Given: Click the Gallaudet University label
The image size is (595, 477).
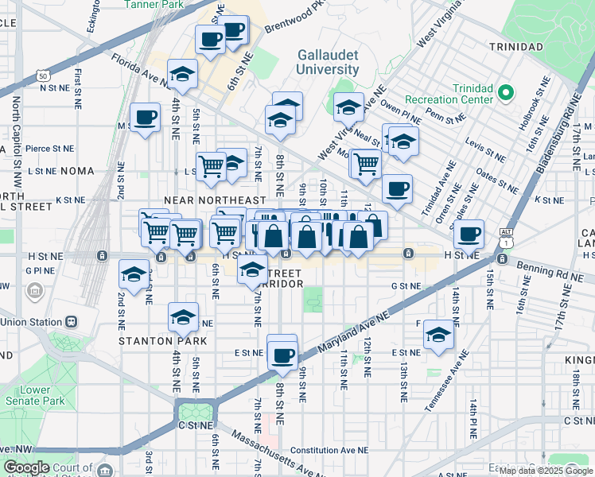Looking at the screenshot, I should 329,62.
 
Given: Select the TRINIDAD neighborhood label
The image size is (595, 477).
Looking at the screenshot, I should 516,47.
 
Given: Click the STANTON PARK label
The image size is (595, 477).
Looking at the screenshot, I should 163,341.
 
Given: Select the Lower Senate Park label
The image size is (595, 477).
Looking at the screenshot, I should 42,395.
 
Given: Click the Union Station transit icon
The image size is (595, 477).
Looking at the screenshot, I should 71,322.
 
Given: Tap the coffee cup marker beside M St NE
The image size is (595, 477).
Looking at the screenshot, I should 145,118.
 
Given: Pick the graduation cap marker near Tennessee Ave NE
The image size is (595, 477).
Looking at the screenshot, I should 438,335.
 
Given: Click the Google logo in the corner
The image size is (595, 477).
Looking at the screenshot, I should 25,467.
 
